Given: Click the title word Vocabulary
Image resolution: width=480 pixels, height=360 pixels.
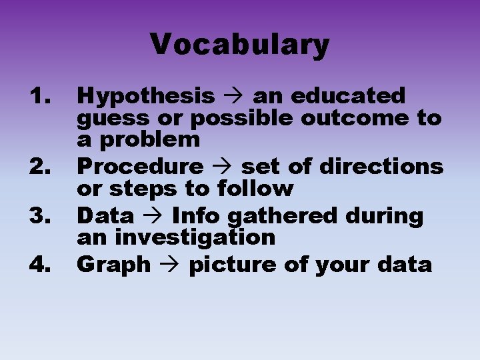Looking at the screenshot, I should (240, 45).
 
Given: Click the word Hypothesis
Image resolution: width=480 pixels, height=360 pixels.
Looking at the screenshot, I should (146, 97).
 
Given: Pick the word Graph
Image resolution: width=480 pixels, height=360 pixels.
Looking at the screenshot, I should (114, 265).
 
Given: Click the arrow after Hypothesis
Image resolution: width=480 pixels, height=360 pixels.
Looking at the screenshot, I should (234, 97).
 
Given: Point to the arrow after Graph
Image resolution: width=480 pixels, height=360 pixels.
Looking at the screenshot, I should (170, 265).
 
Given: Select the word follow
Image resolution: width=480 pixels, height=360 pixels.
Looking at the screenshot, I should (255, 189).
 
